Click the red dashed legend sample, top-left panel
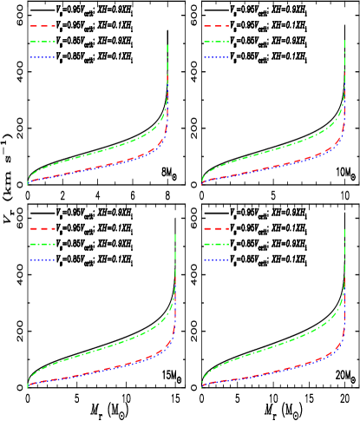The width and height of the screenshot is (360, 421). [x=43, y=26]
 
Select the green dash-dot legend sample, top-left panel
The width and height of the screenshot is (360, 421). [x=43, y=42]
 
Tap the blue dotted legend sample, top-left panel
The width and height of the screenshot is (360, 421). [x=43, y=57]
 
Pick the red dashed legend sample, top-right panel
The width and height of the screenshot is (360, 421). [x=217, y=26]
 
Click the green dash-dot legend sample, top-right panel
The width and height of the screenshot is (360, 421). [x=217, y=42]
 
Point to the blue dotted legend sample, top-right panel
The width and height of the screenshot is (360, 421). [x=217, y=57]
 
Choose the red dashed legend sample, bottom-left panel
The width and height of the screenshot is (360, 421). [x=43, y=228]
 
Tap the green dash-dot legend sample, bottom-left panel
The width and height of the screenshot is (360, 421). [x=43, y=244]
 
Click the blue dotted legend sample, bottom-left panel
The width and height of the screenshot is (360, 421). [x=43, y=260]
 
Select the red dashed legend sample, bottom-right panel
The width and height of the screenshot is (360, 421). [x=217, y=228]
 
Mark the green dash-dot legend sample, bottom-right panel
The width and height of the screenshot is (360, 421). [x=217, y=244]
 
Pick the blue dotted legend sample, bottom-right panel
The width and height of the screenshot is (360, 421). [x=217, y=260]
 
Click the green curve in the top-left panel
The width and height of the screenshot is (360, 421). [x=95, y=153]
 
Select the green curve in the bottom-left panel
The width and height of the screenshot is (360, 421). [x=95, y=352]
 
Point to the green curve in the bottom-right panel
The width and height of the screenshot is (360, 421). [x=269, y=352]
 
